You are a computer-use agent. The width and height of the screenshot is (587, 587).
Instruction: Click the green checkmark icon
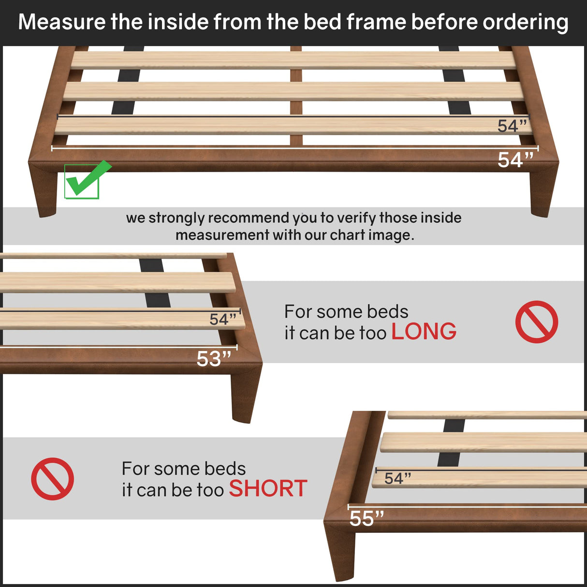pos(85,180)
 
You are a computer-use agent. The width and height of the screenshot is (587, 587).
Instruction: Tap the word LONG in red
pos(424,332)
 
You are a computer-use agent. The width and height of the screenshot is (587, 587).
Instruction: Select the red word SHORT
pos(268,489)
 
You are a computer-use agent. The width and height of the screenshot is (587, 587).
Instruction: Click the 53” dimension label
pos(214,359)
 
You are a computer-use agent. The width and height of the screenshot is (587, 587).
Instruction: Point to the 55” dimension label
pos(367,519)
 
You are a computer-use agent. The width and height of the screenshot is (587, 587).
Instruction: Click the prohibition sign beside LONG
pos(536,322)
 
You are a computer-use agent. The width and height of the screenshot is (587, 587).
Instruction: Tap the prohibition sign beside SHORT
pos(52,479)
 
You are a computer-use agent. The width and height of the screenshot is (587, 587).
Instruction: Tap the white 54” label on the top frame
pos(515,160)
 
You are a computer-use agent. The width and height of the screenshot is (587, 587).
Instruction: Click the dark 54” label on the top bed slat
pos(512,126)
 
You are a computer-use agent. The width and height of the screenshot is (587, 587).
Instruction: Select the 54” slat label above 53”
pos(222,319)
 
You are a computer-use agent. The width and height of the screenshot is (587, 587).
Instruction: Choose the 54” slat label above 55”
pos(397,478)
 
